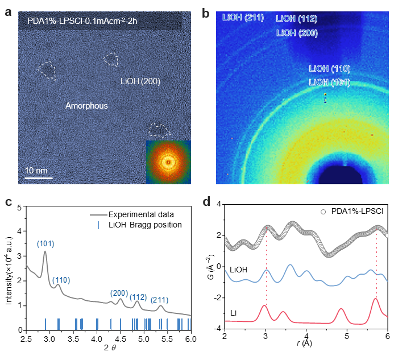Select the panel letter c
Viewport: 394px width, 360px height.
(x=9, y=202)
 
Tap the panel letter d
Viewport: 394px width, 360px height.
(x=207, y=202)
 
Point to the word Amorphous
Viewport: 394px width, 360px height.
(x=86, y=106)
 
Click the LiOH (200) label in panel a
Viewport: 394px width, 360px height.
(x=140, y=81)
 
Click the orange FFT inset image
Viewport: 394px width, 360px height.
(x=168, y=162)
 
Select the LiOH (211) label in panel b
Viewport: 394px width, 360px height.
(x=243, y=18)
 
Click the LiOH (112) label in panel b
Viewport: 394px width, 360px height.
(x=296, y=19)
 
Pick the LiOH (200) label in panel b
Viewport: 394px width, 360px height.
(x=296, y=33)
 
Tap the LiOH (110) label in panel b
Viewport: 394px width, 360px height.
(x=329, y=68)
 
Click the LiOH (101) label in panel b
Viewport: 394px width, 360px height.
(x=329, y=82)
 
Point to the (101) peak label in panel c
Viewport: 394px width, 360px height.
(x=45, y=244)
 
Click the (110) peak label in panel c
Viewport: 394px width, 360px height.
(x=61, y=280)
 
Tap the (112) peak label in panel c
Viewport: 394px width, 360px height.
(x=138, y=297)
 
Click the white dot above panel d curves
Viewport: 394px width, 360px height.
(x=323, y=212)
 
